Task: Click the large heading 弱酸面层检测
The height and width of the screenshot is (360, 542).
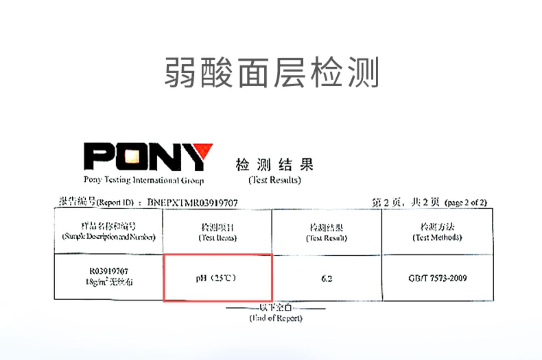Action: pos(271,73)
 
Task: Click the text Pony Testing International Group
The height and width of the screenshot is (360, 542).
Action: pos(144,180)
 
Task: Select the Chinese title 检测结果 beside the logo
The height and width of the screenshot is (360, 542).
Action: pos(274,165)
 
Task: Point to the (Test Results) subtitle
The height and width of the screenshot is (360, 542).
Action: pos(275,180)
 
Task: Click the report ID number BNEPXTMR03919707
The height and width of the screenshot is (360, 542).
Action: pos(193,203)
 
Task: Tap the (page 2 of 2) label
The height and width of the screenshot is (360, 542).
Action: pos(466,203)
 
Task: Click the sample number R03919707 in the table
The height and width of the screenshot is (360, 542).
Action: pos(109,271)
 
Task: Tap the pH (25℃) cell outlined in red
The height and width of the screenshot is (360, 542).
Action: pos(218,278)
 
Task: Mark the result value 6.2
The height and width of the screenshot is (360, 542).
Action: pos(327,278)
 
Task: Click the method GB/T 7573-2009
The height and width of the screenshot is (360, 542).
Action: pos(438,278)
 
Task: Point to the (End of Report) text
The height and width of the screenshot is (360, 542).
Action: pos(276,318)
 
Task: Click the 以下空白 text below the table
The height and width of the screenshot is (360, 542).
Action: pos(276,308)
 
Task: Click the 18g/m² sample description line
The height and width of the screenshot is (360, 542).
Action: pos(109,282)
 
